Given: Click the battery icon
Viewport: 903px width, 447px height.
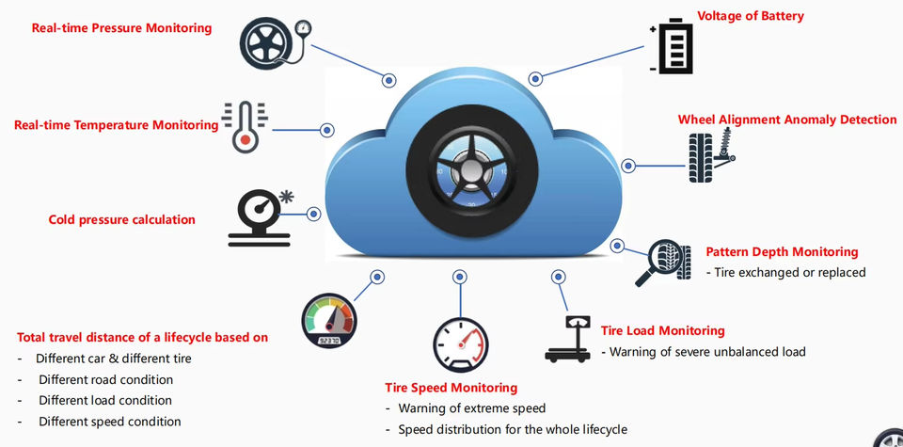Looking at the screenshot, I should [673, 47].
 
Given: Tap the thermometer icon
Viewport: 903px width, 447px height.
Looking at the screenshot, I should [245, 127].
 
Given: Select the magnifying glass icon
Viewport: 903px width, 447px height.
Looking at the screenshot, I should [658, 261].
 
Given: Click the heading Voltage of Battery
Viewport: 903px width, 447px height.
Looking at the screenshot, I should [750, 16].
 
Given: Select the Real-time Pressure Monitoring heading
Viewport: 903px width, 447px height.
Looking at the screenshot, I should [121, 28].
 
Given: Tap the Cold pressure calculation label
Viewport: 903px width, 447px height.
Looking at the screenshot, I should [121, 219].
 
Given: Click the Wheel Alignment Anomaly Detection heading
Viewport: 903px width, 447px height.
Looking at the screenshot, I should [787, 120].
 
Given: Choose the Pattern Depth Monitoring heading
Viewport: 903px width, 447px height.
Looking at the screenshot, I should [782, 252].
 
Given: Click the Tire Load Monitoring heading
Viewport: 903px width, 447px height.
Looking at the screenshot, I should [662, 330].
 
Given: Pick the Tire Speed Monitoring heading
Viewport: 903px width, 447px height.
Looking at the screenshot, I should [451, 388].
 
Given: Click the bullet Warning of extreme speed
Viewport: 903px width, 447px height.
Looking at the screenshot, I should [471, 408].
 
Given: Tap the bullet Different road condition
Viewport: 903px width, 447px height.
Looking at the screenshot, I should [105, 379].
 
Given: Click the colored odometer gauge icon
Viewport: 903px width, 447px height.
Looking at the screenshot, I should [329, 322].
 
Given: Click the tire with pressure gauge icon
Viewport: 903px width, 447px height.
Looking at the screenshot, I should [272, 41].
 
